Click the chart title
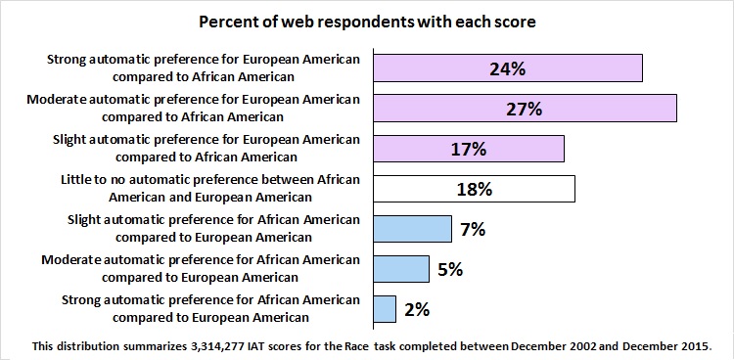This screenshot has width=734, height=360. pyautogui.click(x=367, y=22)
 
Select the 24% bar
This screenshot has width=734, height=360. pyautogui.click(x=508, y=68)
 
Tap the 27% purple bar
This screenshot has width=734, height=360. pyautogui.click(x=526, y=109)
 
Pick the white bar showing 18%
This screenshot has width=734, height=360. pyautogui.click(x=475, y=189)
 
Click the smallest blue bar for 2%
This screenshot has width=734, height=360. pyautogui.click(x=385, y=309)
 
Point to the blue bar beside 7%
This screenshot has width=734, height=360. pyautogui.click(x=413, y=229)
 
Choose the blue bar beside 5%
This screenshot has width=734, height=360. pyautogui.click(x=401, y=269)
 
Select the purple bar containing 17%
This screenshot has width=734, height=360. pyautogui.click(x=469, y=149)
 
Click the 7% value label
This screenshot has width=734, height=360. pyautogui.click(x=473, y=229)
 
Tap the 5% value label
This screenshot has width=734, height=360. pyautogui.click(x=450, y=270)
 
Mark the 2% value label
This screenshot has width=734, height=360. pyautogui.click(x=417, y=310)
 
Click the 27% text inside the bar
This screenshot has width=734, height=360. pyautogui.click(x=525, y=110)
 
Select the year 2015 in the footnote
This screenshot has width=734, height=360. pyautogui.click(x=699, y=346)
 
